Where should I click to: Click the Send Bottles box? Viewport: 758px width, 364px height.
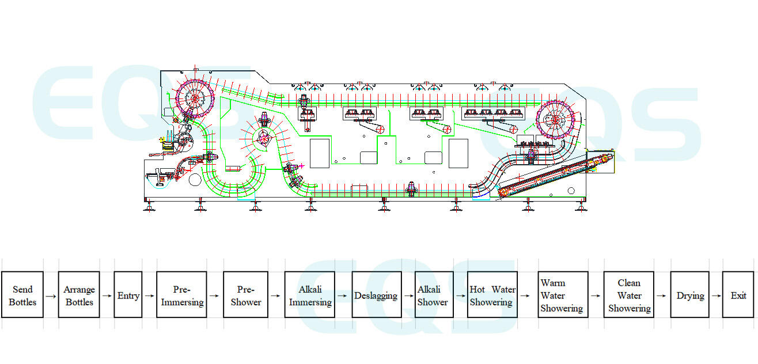pyautogui.click(x=22, y=295)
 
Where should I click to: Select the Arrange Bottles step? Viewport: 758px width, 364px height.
pyautogui.click(x=79, y=295)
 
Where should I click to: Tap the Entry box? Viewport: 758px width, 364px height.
pyautogui.click(x=128, y=295)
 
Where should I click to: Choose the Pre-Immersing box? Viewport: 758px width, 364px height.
pyautogui.click(x=181, y=295)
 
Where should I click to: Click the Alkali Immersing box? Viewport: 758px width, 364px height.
pyautogui.click(x=310, y=295)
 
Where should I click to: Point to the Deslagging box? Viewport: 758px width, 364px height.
pyautogui.click(x=376, y=295)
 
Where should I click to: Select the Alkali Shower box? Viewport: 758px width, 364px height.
pyautogui.click(x=433, y=295)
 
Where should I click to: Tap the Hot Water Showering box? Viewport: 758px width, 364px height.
pyautogui.click(x=492, y=295)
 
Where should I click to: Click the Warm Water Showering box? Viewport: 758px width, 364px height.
pyautogui.click(x=562, y=295)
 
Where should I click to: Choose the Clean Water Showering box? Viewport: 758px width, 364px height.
pyautogui.click(x=629, y=295)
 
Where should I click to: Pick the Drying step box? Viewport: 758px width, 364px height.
pyautogui.click(x=690, y=295)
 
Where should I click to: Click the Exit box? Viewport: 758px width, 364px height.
pyautogui.click(x=738, y=295)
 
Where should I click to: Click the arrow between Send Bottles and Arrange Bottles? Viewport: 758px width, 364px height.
pyautogui.click(x=51, y=296)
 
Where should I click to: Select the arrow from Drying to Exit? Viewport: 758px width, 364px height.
pyautogui.click(x=716, y=296)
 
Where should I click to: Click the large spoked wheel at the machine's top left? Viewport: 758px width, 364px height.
pyautogui.click(x=195, y=98)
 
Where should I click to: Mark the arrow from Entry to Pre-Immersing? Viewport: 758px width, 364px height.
pyautogui.click(x=149, y=296)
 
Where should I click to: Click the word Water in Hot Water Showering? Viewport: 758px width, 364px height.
pyautogui.click(x=503, y=290)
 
